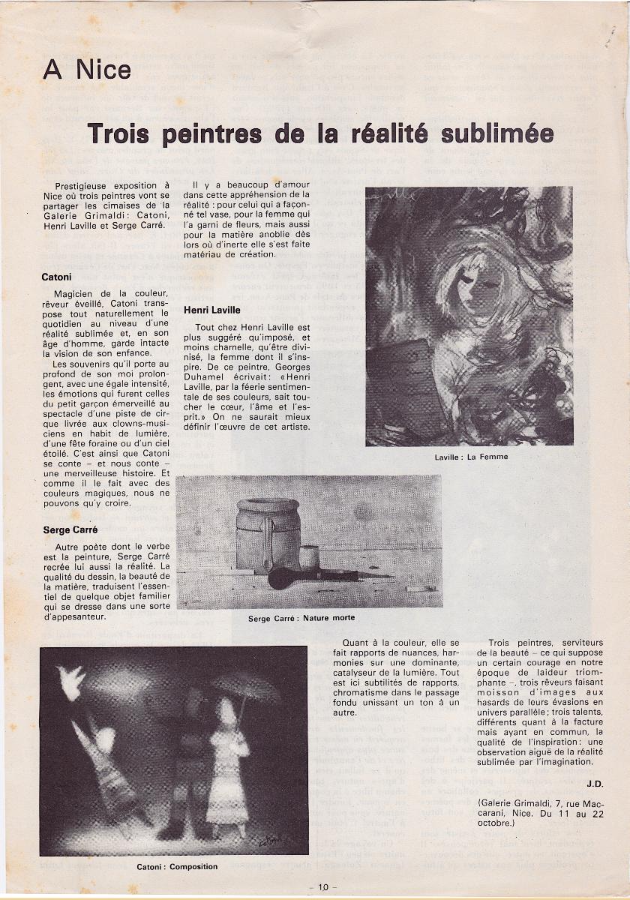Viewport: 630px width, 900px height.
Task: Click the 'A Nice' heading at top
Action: [87, 70]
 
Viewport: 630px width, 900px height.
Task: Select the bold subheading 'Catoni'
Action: [56, 277]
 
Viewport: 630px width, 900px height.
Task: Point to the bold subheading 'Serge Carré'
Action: [70, 529]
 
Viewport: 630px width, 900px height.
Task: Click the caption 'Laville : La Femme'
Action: [470, 457]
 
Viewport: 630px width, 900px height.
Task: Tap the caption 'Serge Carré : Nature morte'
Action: [301, 618]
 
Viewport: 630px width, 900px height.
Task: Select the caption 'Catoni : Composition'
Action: [177, 866]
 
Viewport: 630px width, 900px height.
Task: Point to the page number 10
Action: [322, 887]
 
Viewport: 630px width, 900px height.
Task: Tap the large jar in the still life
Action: [268, 534]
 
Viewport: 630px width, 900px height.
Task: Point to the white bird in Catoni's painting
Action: [73, 682]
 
